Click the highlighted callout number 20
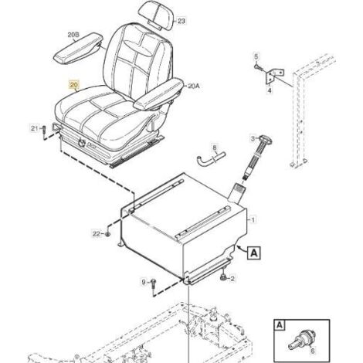point(74,85)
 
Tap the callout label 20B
point(73,35)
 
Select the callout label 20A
point(194,86)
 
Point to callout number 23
point(181,21)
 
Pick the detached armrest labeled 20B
point(78,48)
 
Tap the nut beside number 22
point(108,234)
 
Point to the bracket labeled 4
point(275,76)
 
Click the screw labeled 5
point(258,67)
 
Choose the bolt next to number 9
point(154,285)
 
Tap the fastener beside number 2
point(223,278)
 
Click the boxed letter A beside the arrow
point(254,253)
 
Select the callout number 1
point(253,220)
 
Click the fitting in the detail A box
point(301,338)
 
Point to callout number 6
point(313,351)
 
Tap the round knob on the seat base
point(83,142)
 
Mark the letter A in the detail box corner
point(280,325)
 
